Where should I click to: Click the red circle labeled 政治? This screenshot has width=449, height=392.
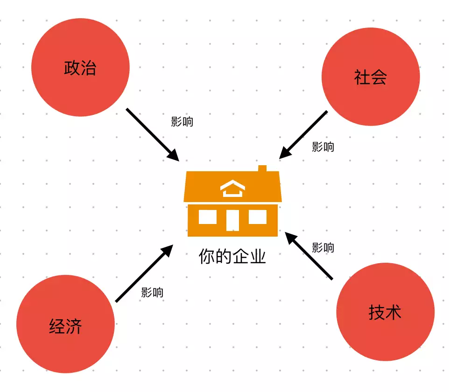point(80,67)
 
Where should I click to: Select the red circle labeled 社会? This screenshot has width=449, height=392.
point(371,77)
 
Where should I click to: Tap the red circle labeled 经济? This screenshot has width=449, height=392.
point(65,324)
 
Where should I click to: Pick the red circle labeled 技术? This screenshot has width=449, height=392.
point(385,312)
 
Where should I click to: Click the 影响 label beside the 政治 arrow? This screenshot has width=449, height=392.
point(182,122)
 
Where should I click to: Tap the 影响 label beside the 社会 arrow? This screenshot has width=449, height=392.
point(323,147)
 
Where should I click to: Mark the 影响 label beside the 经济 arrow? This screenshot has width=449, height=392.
point(152,293)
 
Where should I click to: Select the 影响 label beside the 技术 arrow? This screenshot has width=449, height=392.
point(323,247)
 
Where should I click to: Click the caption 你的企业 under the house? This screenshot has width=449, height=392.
point(232,256)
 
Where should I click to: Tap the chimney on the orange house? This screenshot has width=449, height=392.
point(262,168)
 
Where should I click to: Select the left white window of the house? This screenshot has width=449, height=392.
point(208,217)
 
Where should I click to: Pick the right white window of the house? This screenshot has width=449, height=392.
point(258,217)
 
